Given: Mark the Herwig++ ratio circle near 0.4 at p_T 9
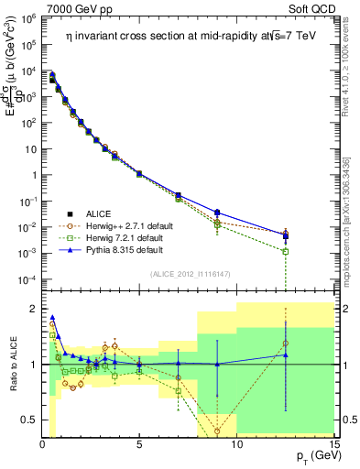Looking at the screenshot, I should (217, 431).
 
